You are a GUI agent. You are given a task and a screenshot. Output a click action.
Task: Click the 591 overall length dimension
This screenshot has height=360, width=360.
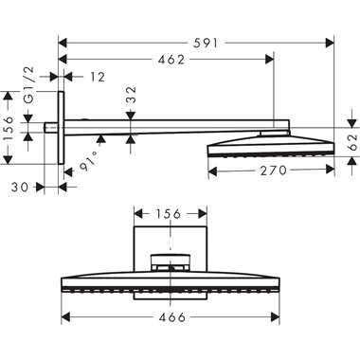coord(194,42)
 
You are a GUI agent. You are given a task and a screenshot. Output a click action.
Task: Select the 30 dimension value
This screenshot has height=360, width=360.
coord(19,187)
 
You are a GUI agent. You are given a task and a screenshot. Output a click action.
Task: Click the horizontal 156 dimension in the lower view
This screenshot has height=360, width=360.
coord(171,214)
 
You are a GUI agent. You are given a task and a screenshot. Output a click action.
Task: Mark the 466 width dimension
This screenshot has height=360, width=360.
coord(171,317)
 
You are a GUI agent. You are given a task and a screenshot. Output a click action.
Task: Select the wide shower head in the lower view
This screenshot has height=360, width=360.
coord(171,281)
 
